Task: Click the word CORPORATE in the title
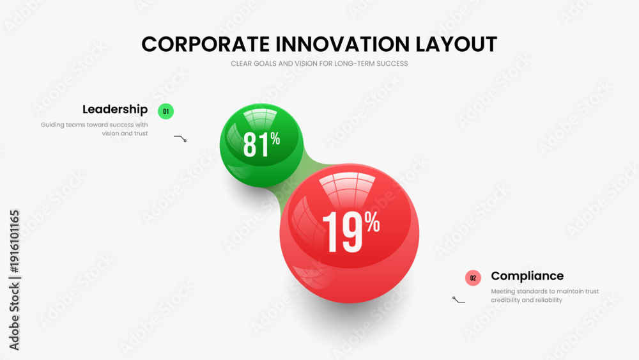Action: tap(205, 44)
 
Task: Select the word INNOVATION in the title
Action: tap(343, 44)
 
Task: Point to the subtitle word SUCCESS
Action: tap(392, 63)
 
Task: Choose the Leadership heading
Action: tap(115, 110)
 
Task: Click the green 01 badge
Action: tap(166, 111)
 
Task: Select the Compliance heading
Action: tap(527, 276)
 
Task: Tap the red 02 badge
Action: tap(473, 278)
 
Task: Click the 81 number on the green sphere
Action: tap(256, 145)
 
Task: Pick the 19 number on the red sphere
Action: tap(343, 232)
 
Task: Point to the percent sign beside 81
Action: tap(275, 139)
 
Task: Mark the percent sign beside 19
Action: tap(373, 222)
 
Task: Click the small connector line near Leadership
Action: tap(180, 138)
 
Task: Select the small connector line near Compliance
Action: tap(458, 300)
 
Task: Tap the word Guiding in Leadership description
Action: tap(52, 125)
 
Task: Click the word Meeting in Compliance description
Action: tap(503, 292)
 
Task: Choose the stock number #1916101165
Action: tap(15, 241)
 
